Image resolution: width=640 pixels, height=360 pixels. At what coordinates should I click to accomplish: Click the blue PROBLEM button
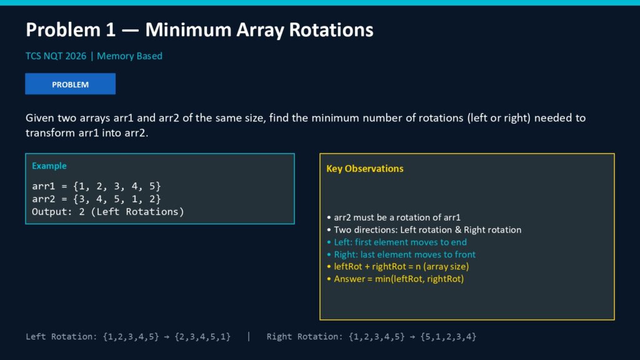coord(70,84)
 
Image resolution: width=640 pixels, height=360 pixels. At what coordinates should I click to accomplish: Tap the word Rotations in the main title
coord(331,30)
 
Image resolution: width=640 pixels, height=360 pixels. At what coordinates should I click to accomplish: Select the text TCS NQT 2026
coord(56,56)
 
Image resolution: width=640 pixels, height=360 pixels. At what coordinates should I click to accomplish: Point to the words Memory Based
coord(129,56)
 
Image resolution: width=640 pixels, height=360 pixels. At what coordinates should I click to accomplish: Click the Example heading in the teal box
coord(49,166)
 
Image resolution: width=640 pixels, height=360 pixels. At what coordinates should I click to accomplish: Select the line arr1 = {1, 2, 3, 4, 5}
coord(96,186)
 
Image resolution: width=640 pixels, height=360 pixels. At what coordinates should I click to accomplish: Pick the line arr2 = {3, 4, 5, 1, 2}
coord(96,199)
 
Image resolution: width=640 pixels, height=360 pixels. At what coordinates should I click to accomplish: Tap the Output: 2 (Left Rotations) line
coord(107,211)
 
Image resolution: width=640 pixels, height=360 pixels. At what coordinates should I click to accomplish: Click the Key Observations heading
coord(365,169)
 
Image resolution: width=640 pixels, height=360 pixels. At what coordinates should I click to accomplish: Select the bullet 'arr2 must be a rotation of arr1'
coord(394,217)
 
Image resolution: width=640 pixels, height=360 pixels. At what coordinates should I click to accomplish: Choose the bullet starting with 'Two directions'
coord(424,230)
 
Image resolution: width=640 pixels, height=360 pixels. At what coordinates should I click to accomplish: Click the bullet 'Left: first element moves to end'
coord(397,242)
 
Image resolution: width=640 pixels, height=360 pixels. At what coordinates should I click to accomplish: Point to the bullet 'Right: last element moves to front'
coord(401,254)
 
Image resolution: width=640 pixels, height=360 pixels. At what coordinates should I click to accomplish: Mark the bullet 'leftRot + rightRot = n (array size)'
coord(398,266)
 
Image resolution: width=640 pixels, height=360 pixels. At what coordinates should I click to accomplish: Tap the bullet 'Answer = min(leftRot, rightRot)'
coord(396,279)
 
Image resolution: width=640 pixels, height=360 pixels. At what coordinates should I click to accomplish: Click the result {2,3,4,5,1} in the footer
coord(202,337)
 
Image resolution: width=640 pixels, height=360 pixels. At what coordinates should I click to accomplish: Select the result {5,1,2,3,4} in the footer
coord(448,337)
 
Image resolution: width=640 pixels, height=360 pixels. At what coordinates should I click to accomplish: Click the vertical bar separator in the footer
coord(249,337)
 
